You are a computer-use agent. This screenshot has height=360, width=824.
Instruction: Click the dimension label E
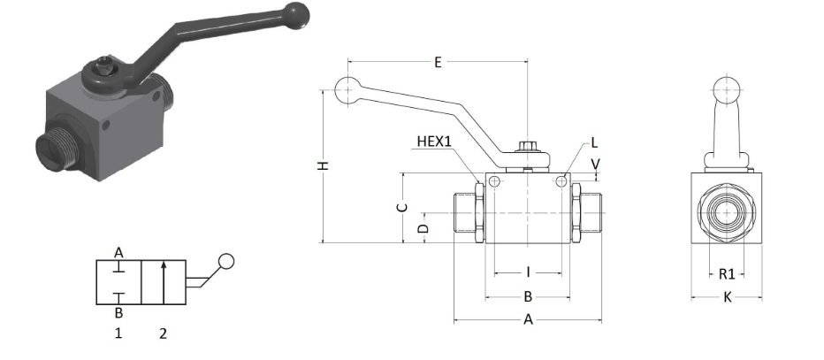(x=438, y=63)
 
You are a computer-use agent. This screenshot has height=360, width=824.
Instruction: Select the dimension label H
(x=324, y=165)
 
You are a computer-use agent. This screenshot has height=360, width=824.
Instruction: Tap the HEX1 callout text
(x=434, y=142)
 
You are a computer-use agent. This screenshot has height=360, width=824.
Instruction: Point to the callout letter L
(x=594, y=142)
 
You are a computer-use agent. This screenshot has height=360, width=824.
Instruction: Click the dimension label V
(x=595, y=165)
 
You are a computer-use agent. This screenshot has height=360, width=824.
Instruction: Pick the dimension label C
(x=402, y=208)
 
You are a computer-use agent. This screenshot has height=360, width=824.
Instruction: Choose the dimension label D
(x=423, y=228)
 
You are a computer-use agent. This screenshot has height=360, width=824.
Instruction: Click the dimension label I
(x=528, y=272)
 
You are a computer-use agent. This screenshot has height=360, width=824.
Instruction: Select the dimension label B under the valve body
(x=528, y=297)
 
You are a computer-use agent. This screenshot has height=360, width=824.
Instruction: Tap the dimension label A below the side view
(x=528, y=319)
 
